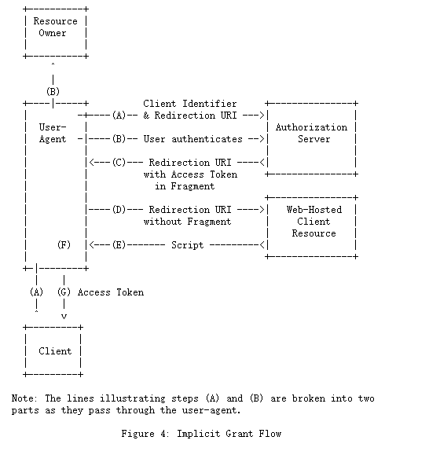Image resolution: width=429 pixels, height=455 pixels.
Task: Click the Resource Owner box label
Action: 55,27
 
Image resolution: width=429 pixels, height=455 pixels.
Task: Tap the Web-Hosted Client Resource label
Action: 314,222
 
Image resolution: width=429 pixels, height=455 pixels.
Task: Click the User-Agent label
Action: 53,133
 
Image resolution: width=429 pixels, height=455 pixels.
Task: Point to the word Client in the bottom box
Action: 55,351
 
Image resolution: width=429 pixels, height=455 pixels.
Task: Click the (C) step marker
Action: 119,163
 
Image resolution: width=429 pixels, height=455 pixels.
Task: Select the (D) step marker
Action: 119,210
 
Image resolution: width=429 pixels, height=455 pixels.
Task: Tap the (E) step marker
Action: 119,245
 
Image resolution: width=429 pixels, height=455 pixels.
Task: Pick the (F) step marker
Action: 64,245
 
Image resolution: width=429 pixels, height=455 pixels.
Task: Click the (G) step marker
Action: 64,292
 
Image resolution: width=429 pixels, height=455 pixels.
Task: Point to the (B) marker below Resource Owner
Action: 53,92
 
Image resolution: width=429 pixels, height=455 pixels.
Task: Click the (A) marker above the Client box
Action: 37,292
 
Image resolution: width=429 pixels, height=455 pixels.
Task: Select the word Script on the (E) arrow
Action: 187,245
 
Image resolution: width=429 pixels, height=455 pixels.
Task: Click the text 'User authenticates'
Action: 192,139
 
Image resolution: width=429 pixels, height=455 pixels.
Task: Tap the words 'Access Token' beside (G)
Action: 111,292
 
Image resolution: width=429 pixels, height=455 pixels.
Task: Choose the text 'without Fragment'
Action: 187,222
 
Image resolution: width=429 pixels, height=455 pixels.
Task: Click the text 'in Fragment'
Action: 185,186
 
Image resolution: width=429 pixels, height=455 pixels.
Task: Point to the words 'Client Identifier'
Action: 190,104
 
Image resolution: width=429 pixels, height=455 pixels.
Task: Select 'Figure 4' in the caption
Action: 145,434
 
